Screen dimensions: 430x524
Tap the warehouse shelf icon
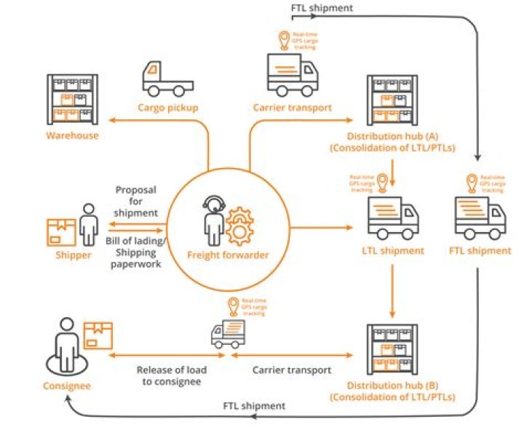[72, 99]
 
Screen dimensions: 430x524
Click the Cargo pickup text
[168, 108]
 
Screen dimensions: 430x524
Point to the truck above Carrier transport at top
[292, 74]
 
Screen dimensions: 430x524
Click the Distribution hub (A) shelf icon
[393, 99]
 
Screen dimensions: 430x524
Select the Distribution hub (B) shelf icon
[393, 348]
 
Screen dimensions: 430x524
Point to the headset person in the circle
[215, 218]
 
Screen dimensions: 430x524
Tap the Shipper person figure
[88, 224]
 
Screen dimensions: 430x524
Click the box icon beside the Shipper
[61, 231]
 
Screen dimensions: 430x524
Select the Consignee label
[66, 386]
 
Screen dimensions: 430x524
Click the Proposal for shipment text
[136, 201]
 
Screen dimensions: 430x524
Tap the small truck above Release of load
[228, 335]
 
